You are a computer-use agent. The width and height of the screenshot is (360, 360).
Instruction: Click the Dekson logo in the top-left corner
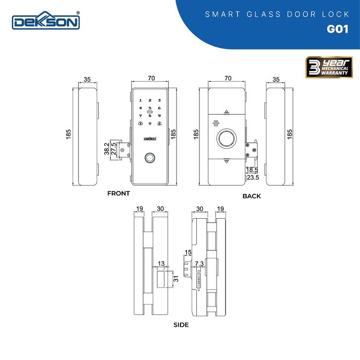[x=46, y=21]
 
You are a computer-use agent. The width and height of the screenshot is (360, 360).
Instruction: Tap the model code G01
[x=338, y=29]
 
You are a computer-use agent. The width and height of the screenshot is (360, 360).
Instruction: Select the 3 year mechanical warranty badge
[x=329, y=67]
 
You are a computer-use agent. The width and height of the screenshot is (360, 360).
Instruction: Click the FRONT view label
[x=119, y=193]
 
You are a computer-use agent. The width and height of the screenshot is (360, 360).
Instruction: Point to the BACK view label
[x=251, y=196]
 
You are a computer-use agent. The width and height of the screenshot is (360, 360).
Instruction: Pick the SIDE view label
[x=181, y=325]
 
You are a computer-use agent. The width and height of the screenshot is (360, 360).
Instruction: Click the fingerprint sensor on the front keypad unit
[x=150, y=158]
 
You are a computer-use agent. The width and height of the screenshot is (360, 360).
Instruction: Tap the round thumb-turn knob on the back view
[x=227, y=139]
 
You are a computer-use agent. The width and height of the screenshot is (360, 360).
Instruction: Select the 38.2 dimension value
[x=107, y=149]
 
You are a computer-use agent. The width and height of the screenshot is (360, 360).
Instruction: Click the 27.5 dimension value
[x=114, y=149]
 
